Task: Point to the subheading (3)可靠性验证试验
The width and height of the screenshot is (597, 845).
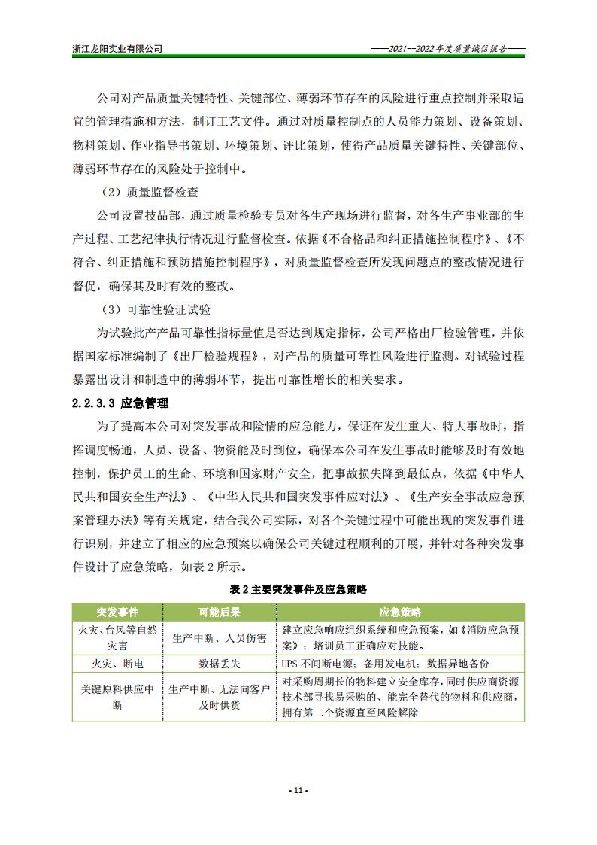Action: pyautogui.click(x=156, y=310)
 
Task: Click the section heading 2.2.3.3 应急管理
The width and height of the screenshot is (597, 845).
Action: pyautogui.click(x=120, y=403)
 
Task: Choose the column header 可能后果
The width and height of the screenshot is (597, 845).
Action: pyautogui.click(x=219, y=611)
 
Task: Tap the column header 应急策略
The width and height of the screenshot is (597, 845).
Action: pyautogui.click(x=401, y=611)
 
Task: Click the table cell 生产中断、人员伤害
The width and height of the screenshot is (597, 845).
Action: pyautogui.click(x=219, y=638)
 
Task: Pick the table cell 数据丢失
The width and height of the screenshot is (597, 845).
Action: pyautogui.click(x=219, y=664)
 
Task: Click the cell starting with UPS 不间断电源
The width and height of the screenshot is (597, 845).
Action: pyautogui.click(x=386, y=664)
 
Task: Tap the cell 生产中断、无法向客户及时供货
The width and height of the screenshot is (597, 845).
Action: pyautogui.click(x=219, y=697)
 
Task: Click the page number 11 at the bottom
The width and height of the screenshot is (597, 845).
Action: pyautogui.click(x=298, y=791)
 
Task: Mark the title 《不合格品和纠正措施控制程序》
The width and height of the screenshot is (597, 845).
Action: pyautogui.click(x=407, y=239)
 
